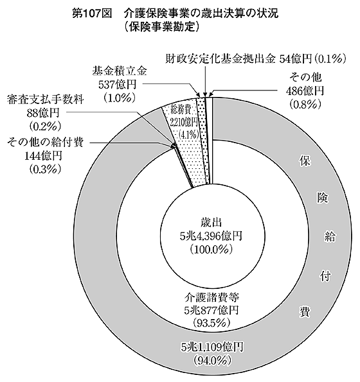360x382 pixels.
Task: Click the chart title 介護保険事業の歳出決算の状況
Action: point(201,13)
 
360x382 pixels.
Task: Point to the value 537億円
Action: point(117,85)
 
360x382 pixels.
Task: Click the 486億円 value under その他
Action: point(305,91)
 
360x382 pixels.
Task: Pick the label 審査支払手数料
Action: point(46,100)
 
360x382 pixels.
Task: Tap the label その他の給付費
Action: point(46,142)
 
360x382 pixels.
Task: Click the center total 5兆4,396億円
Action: point(211,236)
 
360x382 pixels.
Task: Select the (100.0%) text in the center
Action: point(211,249)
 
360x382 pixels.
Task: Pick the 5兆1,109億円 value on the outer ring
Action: point(212,347)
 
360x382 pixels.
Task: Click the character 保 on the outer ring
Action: point(305,161)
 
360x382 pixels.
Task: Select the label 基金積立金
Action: point(120,71)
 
